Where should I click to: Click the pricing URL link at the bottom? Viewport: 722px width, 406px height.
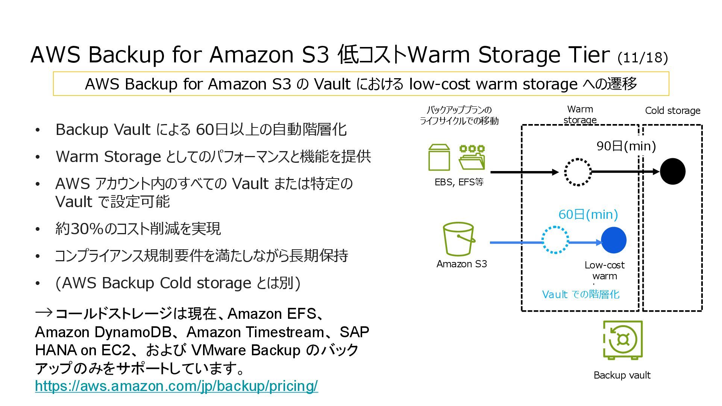tap(176, 386)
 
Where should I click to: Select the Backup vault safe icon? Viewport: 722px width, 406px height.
tap(623, 340)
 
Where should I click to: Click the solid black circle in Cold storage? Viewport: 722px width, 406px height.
tap(673, 171)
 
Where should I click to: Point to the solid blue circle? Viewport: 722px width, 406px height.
tap(614, 240)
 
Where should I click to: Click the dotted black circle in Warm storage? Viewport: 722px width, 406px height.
tap(578, 172)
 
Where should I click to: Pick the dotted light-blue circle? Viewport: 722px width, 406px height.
tap(555, 240)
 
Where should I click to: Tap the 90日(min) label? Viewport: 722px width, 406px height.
tap(626, 146)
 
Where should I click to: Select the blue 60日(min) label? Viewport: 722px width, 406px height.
tap(588, 214)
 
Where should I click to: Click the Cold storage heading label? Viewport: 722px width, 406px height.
tap(673, 111)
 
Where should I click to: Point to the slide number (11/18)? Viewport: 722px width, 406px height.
tap(643, 58)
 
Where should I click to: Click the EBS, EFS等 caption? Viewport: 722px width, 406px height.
tap(459, 182)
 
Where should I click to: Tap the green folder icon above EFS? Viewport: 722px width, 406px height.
tap(472, 158)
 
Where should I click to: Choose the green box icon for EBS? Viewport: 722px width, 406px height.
tap(439, 158)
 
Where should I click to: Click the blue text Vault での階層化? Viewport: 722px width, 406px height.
tap(581, 294)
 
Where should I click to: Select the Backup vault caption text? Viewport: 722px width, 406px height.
tap(622, 375)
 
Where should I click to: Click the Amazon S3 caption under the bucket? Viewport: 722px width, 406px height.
tap(462, 264)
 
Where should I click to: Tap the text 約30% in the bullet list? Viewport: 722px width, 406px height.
tap(79, 229)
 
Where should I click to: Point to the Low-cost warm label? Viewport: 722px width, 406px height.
tap(605, 270)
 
